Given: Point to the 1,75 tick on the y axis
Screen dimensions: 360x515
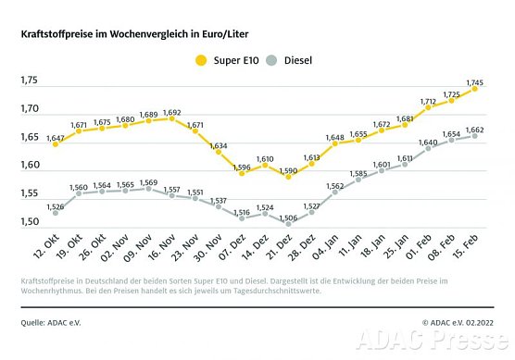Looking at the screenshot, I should (x=29, y=81).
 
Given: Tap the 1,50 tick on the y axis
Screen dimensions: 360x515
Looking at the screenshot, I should (x=29, y=222).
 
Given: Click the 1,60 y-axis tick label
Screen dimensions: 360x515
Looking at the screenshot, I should (x=29, y=166).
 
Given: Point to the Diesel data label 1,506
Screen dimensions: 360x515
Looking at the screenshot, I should (x=289, y=217).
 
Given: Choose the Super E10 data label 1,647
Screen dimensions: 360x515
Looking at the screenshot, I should (x=56, y=138).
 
